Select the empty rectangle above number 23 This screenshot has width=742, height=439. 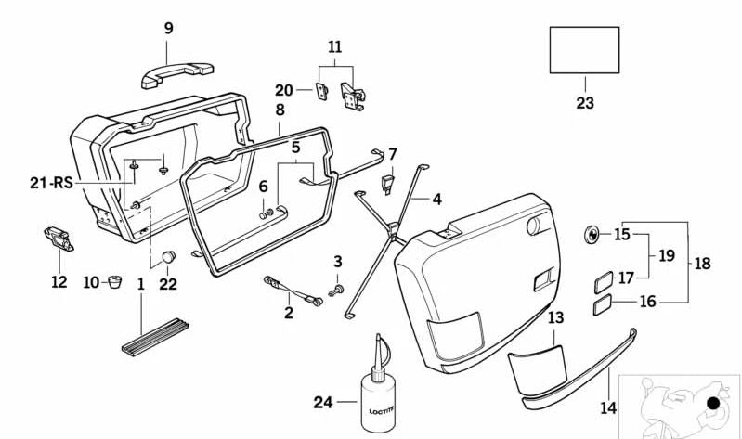point(584,50)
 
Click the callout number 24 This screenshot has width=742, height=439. point(321,402)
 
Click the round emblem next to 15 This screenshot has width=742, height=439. point(592,234)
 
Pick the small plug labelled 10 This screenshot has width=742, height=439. point(116,279)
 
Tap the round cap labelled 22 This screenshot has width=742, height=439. point(168,256)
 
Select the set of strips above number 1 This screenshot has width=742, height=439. point(155,336)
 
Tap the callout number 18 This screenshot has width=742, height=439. point(702,264)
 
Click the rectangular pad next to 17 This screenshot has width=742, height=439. point(602,278)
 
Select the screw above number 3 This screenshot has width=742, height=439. point(338,288)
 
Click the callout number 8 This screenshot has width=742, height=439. point(280,110)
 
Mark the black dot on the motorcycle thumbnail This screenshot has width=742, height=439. point(712,404)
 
